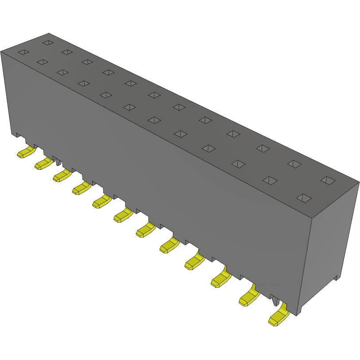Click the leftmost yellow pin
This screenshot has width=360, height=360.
point(26,153)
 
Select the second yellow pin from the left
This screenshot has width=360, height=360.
point(43,164)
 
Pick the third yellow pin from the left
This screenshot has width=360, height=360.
point(62,176)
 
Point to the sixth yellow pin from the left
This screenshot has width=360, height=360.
point(123,216)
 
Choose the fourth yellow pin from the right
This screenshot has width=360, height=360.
point(194,262)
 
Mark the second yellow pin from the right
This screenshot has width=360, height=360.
point(249,299)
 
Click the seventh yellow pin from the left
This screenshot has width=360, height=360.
point(145,230)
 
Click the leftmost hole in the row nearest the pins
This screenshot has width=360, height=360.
point(23,52)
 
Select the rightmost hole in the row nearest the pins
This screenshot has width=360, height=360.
point(304,198)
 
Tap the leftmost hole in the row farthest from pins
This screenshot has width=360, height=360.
point(48,43)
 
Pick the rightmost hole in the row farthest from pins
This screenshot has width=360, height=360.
point(328,180)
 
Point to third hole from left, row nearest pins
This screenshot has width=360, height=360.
point(63,72)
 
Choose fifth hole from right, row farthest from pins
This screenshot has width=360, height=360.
point(205,120)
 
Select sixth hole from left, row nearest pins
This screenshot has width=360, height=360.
point(129,107)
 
